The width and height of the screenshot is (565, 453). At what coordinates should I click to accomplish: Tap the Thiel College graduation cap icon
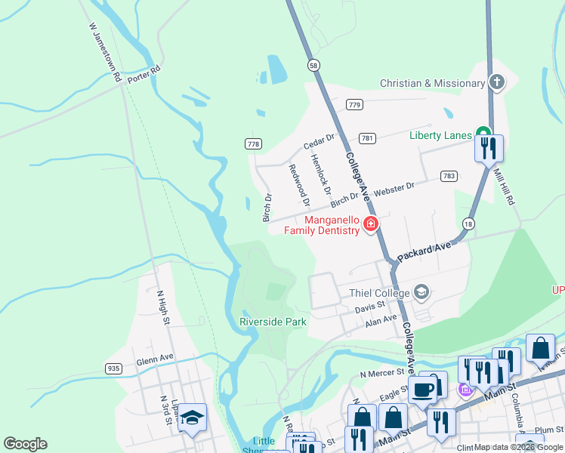(x=421, y=292)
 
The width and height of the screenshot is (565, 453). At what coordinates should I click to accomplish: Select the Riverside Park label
(x=273, y=322)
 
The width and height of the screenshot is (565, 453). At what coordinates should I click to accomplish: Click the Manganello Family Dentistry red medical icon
(x=370, y=223)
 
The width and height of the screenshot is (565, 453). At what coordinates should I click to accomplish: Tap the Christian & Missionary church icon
(x=496, y=83)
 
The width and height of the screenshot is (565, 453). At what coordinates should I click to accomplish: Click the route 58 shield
(x=313, y=66)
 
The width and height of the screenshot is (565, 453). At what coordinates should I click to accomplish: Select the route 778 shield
(x=254, y=143)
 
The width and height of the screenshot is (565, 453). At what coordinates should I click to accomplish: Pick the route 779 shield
(x=354, y=103)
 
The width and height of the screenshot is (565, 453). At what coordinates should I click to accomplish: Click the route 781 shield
(x=367, y=138)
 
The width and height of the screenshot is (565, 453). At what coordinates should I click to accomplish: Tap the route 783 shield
(x=449, y=175)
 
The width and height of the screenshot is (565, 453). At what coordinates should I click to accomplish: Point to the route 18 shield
(x=469, y=224)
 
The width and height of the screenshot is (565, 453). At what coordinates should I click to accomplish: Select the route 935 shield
(x=113, y=368)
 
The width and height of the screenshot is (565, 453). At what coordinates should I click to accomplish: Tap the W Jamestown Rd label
(x=105, y=51)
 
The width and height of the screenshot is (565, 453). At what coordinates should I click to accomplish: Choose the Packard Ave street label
(x=424, y=251)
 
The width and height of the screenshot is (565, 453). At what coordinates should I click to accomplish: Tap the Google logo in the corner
(x=25, y=444)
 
